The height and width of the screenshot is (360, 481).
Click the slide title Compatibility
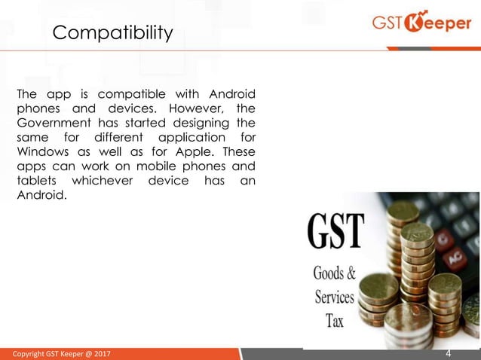[112, 33]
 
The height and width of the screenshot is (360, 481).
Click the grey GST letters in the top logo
[388, 23]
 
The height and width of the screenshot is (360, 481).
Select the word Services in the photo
[335, 296]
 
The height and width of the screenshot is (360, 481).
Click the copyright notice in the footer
[60, 353]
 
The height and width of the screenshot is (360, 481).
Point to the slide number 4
[449, 352]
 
